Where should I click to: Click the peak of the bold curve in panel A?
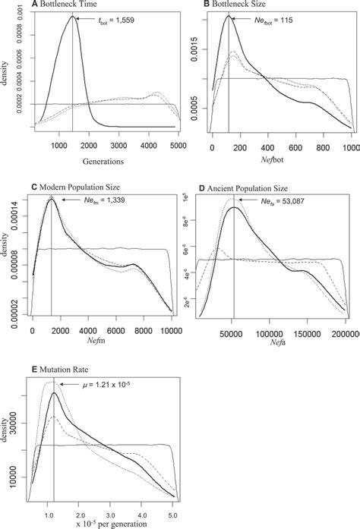click(x=73, y=17)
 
